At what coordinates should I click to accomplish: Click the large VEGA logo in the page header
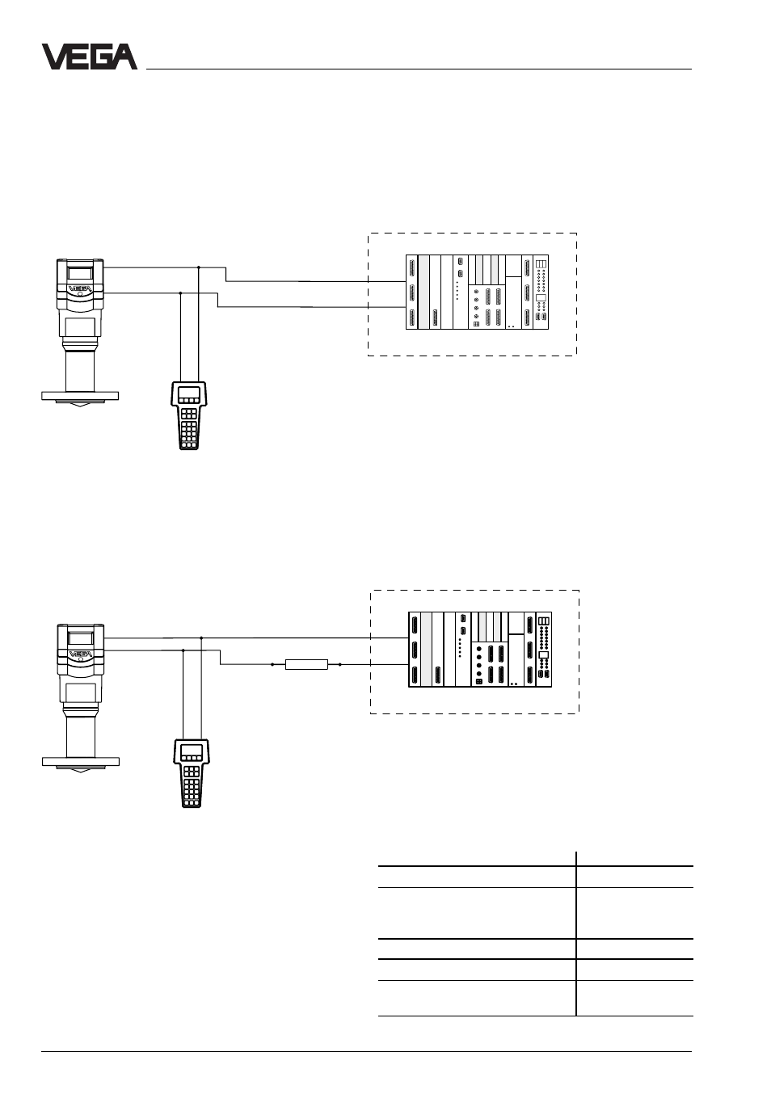click(90, 57)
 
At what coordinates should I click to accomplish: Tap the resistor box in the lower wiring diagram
click(306, 664)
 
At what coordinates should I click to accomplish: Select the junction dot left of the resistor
click(272, 665)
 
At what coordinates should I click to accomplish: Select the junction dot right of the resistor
click(340, 665)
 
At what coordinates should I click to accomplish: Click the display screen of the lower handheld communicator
click(192, 751)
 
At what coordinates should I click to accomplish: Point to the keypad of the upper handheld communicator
click(188, 428)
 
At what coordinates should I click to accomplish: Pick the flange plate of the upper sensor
click(80, 396)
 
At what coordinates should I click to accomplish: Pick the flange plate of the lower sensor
click(81, 761)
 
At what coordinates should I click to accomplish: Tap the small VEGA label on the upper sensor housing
click(80, 288)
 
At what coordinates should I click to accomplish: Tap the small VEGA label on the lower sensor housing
click(81, 654)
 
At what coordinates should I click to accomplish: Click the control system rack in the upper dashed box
click(478, 292)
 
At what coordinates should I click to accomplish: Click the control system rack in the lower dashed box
click(480, 650)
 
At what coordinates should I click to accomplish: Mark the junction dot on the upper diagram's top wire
click(198, 267)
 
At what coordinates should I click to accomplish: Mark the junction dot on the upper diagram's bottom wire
click(181, 293)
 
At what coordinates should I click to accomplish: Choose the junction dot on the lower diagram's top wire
click(201, 637)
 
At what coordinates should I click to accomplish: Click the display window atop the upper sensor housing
click(80, 273)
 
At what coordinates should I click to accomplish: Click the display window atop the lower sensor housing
click(81, 637)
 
